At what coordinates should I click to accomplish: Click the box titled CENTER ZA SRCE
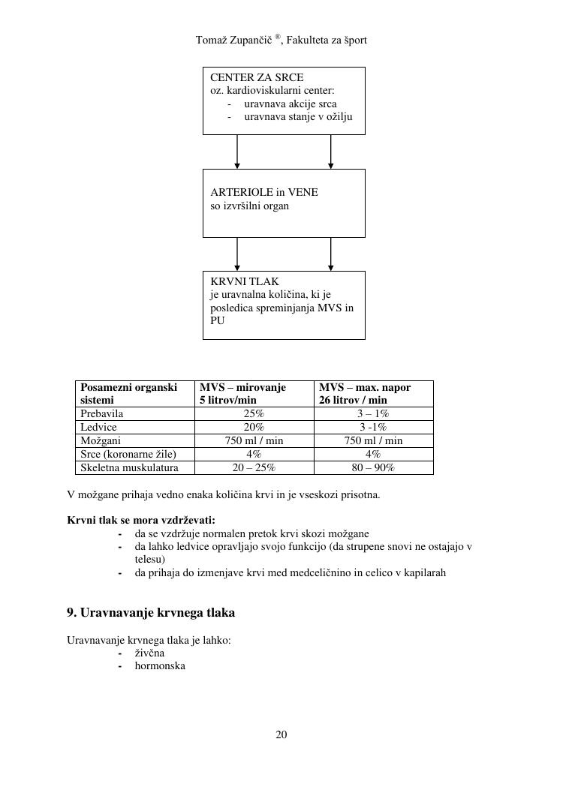tap(284, 101)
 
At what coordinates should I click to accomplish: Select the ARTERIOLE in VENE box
tap(284, 203)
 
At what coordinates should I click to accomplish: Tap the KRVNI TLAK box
tap(284, 305)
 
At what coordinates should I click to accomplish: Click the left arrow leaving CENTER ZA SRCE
tap(237, 152)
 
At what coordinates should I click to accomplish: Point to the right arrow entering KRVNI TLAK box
tap(330, 255)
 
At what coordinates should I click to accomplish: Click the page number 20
tap(281, 734)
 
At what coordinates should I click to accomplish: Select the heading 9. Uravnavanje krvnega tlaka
tap(151, 613)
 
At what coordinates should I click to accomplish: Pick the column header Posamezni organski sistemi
tap(129, 394)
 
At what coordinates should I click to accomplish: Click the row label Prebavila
tap(102, 413)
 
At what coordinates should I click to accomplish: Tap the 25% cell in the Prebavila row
tap(254, 413)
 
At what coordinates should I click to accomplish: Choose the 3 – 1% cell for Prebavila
tap(373, 413)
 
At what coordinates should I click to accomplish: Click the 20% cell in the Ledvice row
tap(254, 427)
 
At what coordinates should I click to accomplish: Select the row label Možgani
tap(101, 440)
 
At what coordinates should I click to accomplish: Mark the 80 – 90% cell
tap(373, 467)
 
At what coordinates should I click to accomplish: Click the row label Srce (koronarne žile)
tap(128, 454)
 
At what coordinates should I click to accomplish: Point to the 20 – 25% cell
tap(254, 467)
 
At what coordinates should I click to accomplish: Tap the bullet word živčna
tap(149, 653)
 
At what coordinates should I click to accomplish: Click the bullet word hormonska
tap(160, 665)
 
